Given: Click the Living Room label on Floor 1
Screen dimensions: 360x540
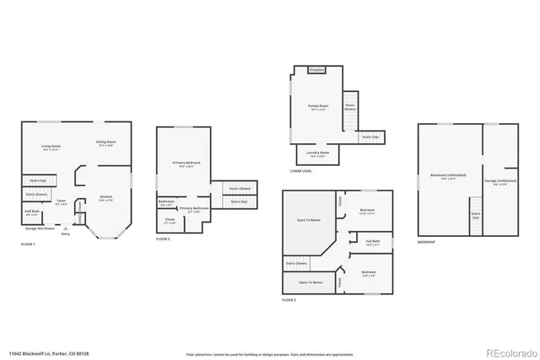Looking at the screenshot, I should pos(51,147).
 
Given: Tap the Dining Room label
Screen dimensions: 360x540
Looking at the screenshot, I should pos(105,142).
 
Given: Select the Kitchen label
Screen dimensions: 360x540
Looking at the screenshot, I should pos(105,197).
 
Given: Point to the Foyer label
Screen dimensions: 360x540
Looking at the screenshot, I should pos(61,202).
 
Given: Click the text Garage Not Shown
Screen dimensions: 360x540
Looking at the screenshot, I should pos(36,229).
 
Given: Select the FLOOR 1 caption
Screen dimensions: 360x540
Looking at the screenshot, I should pos(28,244).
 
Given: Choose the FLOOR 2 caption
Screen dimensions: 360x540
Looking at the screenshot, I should pos(163,239).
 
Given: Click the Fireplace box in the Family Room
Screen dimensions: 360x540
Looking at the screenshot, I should pos(316,70).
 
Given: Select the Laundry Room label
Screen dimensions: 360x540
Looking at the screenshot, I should pos(318,154).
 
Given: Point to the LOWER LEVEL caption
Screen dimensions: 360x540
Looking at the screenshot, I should pos(300,171).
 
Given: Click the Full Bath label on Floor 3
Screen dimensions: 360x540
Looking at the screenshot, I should pos(373,243).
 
